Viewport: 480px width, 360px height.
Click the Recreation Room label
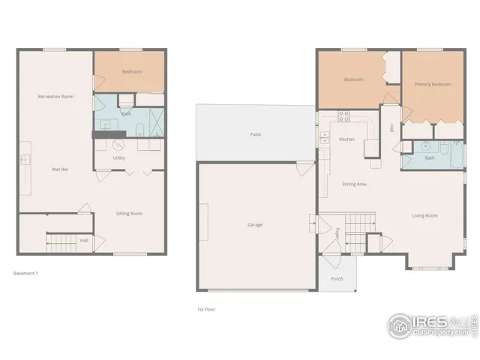click(55, 97)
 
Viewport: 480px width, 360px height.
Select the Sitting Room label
click(129, 213)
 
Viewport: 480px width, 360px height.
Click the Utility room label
click(118, 158)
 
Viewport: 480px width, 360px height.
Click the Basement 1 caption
click(25, 273)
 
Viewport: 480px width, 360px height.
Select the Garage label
click(255, 224)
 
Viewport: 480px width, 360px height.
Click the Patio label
click(255, 134)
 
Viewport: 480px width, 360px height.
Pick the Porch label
click(337, 279)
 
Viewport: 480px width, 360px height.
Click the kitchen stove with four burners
click(343, 116)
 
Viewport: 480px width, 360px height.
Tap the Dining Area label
click(354, 184)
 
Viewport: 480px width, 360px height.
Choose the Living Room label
click(424, 215)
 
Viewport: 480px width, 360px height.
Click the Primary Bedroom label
click(433, 84)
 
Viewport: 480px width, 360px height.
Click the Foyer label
click(337, 232)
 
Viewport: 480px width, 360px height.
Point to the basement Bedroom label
click(132, 72)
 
